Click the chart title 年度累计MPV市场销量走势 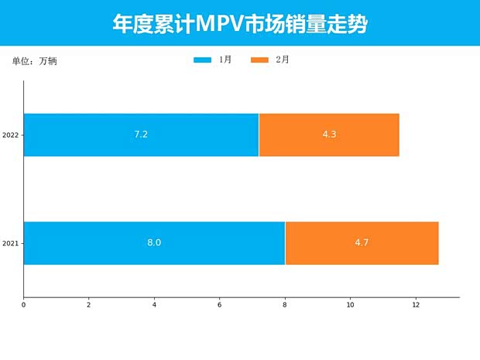(240, 24)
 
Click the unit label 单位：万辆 (34, 61)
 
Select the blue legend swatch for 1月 (202, 60)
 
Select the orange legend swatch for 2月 (260, 60)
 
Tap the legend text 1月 (225, 60)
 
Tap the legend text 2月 (283, 60)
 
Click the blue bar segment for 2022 (93, 135)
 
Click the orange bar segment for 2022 (364, 135)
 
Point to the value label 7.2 (141, 135)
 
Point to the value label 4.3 (329, 135)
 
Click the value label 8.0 (154, 243)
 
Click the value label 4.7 (362, 243)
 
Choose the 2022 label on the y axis (11, 135)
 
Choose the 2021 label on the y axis (11, 244)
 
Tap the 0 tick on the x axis (23, 305)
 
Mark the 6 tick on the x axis (220, 305)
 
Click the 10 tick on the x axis (351, 305)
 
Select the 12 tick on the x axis (416, 305)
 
